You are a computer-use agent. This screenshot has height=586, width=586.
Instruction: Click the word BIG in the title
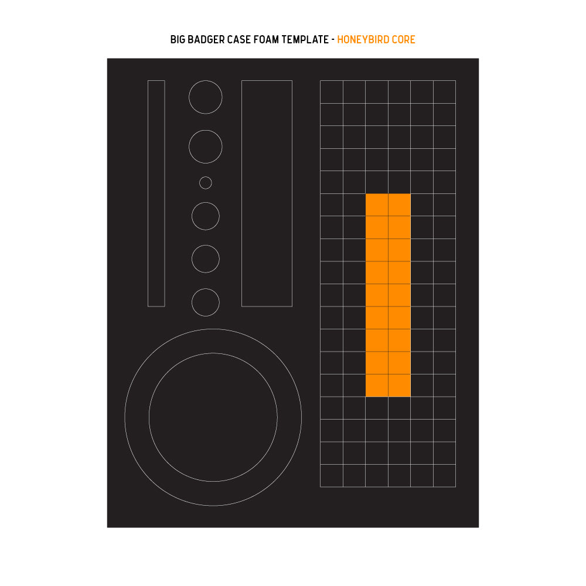[178, 40]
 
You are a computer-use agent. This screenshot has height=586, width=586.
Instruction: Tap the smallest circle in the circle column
[206, 176]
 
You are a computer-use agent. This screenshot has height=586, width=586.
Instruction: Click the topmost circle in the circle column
[206, 80]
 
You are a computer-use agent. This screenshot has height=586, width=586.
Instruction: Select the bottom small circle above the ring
[206, 288]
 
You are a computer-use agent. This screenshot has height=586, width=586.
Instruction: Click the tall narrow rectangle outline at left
[148, 193]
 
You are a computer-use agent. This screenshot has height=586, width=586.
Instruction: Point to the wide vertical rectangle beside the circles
[242, 193]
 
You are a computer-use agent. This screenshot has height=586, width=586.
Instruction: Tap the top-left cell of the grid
[332, 92]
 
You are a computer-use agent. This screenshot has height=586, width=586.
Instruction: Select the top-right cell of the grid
[444, 92]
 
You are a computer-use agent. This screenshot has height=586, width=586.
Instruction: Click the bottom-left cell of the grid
[332, 476]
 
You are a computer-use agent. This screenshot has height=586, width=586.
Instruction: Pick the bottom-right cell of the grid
[444, 476]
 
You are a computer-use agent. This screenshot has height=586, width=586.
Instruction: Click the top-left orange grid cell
[377, 205]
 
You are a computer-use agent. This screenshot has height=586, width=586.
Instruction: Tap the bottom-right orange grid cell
[400, 386]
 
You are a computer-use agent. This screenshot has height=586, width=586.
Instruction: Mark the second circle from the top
[206, 130]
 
